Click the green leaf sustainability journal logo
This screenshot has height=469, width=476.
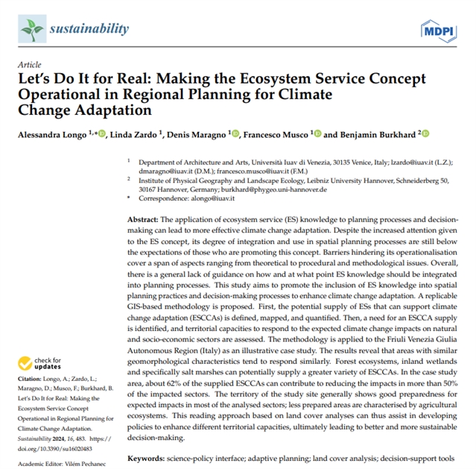point(32,30)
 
